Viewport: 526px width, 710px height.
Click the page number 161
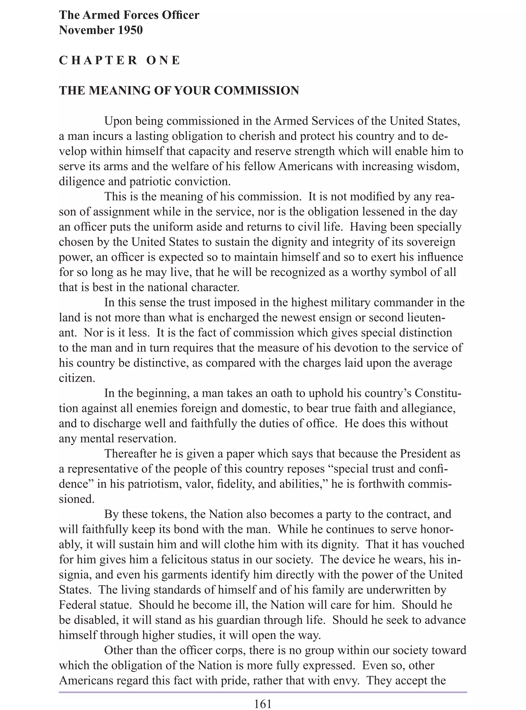coord(263,704)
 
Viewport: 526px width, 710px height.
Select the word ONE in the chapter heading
coord(163,60)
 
